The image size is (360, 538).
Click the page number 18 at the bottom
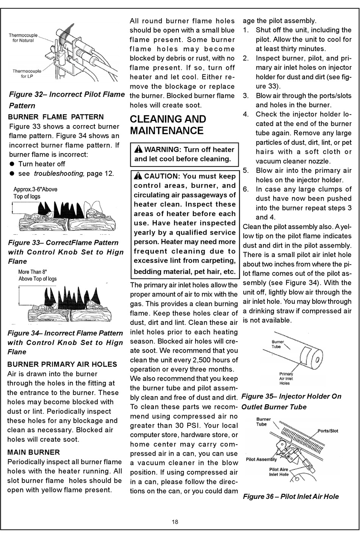click(x=175, y=522)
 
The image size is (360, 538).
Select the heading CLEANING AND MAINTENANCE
click(x=168, y=125)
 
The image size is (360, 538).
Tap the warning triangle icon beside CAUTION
click(x=138, y=176)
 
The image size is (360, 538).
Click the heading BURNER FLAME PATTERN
click(x=56, y=117)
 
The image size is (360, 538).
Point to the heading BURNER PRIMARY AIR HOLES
click(x=62, y=364)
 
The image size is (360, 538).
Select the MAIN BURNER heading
click(x=34, y=452)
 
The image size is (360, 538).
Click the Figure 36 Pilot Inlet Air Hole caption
click(x=291, y=497)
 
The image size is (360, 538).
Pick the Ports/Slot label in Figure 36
click(x=328, y=431)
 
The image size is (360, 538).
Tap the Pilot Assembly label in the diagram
click(x=261, y=460)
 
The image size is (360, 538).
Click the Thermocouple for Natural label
click(x=23, y=38)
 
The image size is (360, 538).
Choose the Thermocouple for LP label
click(x=27, y=73)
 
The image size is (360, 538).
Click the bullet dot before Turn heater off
click(x=12, y=164)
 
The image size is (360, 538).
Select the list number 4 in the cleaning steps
click(x=246, y=114)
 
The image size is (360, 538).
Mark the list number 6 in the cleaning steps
click(x=246, y=189)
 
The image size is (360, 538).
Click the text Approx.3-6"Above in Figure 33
click(x=36, y=189)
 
